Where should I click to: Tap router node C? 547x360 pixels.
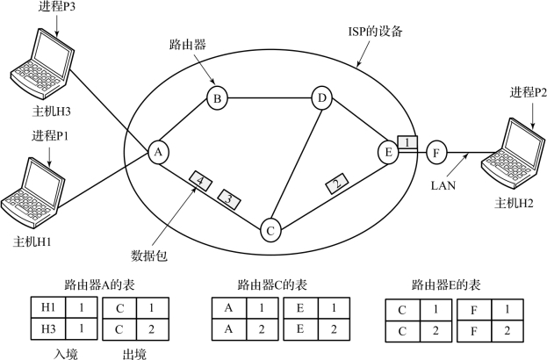pyautogui.click(x=271, y=231)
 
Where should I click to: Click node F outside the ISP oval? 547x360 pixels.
pyautogui.click(x=435, y=153)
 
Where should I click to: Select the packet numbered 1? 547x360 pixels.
pyautogui.click(x=407, y=141)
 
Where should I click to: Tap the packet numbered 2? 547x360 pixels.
pyautogui.click(x=335, y=184)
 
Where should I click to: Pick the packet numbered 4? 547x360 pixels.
pyautogui.click(x=200, y=181)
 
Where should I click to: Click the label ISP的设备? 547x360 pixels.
pyautogui.click(x=373, y=32)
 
